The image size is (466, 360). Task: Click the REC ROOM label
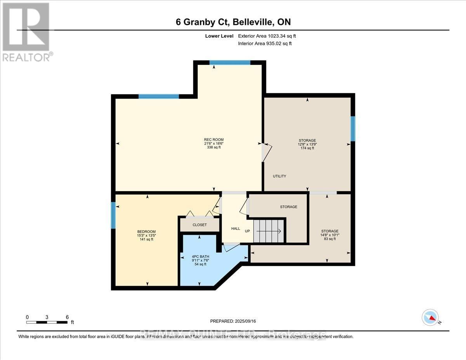[x=214, y=140]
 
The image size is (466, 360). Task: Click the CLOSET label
[x=200, y=225]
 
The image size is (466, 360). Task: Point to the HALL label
[x=236, y=229]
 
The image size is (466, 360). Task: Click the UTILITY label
[x=279, y=176]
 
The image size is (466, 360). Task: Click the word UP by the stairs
[x=247, y=231]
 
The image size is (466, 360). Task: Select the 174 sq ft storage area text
[x=307, y=148]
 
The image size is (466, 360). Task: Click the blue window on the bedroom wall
[x=113, y=215]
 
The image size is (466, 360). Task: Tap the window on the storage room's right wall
[x=353, y=129]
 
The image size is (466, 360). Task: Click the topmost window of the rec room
[x=230, y=63]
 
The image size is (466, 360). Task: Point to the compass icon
[x=430, y=317]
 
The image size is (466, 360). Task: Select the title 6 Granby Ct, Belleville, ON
[x=233, y=22]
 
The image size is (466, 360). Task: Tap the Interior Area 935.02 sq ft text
[x=264, y=43]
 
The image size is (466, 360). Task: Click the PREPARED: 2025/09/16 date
[x=233, y=321]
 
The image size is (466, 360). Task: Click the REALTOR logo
[x=26, y=31]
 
